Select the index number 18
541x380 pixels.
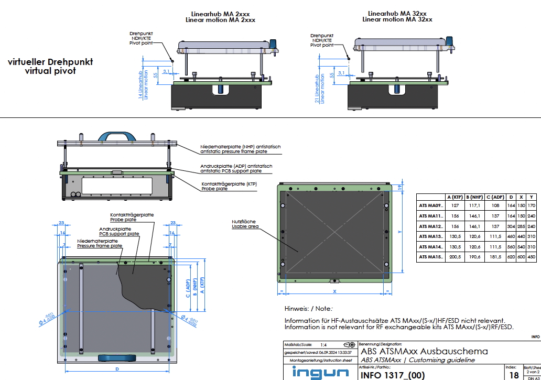coord(514,375)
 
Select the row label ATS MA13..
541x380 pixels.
coord(431,236)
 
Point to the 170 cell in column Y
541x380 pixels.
coord(532,206)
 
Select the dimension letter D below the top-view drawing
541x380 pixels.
coord(117,369)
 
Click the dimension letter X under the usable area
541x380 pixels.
coord(333,290)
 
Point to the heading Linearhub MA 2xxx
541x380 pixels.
coord(220,14)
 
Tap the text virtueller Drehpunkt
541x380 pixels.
coord(50,62)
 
